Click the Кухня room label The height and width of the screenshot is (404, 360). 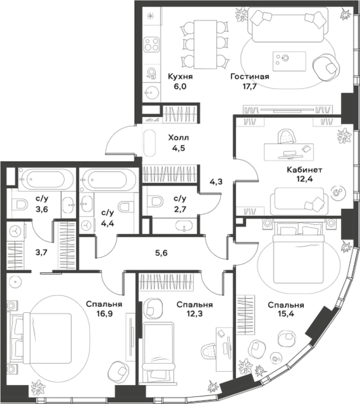[180, 77]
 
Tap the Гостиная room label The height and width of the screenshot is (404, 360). [250, 77]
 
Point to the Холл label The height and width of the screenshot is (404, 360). [179, 138]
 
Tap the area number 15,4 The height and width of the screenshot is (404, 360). [286, 315]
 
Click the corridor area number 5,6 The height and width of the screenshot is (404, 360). [161, 253]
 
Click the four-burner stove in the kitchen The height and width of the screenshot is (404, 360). [151, 45]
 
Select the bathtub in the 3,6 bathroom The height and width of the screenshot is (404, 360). [46, 179]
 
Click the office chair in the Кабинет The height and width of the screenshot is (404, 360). [287, 137]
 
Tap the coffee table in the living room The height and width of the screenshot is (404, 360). [290, 61]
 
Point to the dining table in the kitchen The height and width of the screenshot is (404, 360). [205, 44]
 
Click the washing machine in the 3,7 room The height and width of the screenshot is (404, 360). [16, 231]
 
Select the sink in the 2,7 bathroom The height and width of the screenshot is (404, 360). [184, 226]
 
